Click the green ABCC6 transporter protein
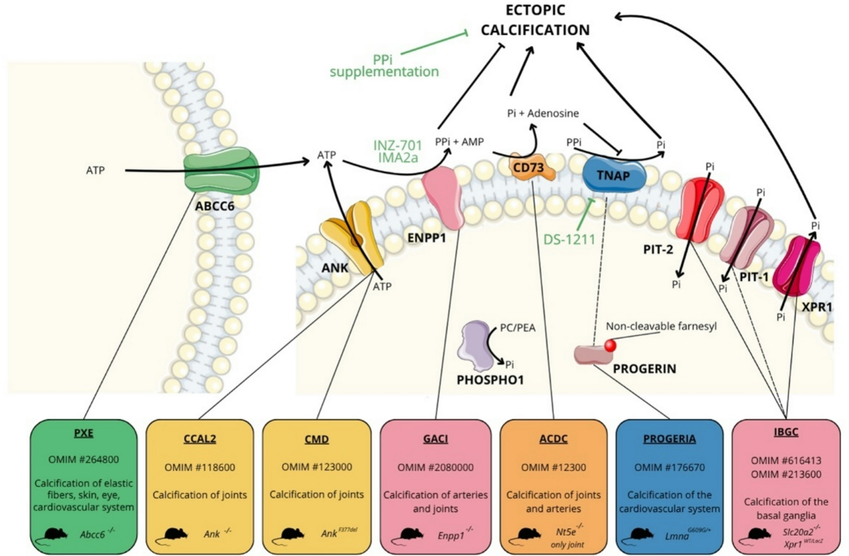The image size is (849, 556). coord(222,172)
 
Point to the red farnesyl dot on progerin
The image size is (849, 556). coord(610,345)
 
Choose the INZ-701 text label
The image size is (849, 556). coord(398,146)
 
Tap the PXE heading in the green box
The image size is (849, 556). coord(83,433)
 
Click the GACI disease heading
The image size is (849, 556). coord(435,439)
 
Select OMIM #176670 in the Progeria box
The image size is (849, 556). coord(669,468)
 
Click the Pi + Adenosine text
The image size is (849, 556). coord(543,113)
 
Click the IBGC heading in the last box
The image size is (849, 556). coord(786,432)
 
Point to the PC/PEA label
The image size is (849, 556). coord(517,328)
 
